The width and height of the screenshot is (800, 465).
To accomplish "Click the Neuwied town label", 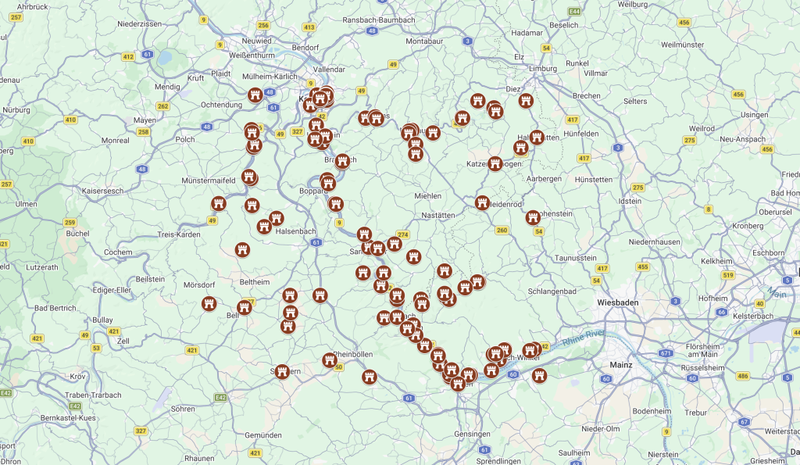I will coord(257,41).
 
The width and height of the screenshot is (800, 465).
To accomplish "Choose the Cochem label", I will coord(118,252).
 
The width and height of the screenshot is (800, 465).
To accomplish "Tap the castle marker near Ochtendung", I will coord(255,95).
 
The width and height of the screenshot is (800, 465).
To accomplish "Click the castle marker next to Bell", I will coord(245,307).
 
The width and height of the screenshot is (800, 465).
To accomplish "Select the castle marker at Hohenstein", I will coord(534,217).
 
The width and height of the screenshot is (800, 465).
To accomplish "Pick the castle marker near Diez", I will coord(527,100).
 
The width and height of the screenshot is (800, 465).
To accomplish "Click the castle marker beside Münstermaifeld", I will coord(249,177).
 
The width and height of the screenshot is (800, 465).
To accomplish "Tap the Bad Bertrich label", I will coord(55,308).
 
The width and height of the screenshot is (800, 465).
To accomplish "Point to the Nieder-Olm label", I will coord(600,428).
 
